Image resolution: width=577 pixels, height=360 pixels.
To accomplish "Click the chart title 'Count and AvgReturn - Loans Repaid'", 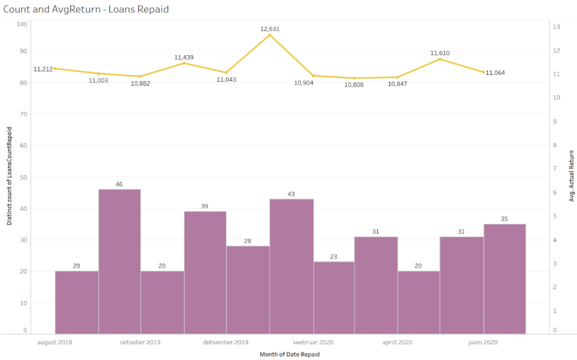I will [x=86, y=10].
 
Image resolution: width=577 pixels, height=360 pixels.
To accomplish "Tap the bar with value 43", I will [x=291, y=265].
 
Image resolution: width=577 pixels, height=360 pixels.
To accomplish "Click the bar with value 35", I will [x=504, y=278].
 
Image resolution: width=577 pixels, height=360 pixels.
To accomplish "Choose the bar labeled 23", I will [x=334, y=297].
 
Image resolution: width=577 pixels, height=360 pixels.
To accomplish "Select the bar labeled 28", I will [x=248, y=290].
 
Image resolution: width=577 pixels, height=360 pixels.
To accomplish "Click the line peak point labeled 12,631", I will [x=269, y=35].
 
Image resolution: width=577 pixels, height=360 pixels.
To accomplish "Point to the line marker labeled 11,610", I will [x=440, y=59].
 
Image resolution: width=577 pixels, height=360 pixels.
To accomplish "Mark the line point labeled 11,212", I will [x=55, y=69].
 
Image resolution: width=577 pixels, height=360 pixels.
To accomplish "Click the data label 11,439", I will [x=184, y=57].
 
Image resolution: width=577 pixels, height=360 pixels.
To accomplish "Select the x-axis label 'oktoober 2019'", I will [x=140, y=342].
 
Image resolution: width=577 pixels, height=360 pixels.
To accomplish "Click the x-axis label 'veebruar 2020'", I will [x=313, y=342].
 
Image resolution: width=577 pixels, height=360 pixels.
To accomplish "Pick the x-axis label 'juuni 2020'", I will [x=483, y=342].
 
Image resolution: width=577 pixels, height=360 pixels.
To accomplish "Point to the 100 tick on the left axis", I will [x=22, y=24].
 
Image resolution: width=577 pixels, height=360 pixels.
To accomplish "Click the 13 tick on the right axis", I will [x=556, y=26].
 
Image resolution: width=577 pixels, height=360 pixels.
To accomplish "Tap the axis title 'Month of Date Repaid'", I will [x=289, y=354].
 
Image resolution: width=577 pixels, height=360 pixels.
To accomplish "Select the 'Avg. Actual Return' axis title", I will [x=571, y=176].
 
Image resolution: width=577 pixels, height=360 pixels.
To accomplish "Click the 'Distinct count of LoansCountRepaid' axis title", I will [x=10, y=176].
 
